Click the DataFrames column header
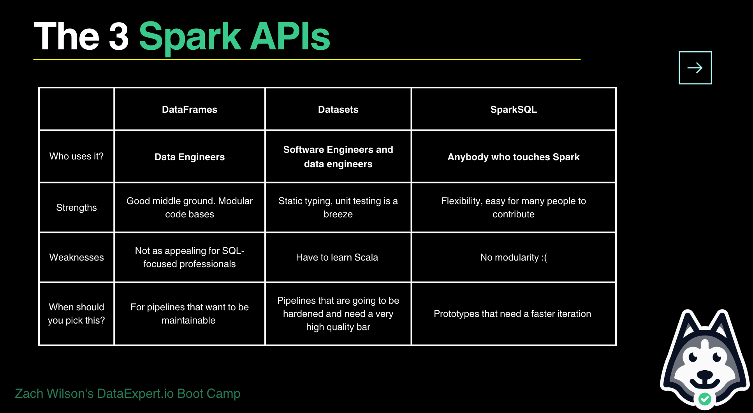click(189, 110)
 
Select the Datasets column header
click(338, 110)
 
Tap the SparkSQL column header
click(513, 110)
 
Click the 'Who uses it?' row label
click(76, 156)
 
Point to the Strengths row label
click(76, 208)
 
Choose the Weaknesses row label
click(76, 257)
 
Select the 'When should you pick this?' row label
click(76, 314)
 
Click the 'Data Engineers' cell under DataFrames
click(189, 157)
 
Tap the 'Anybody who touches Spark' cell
click(513, 157)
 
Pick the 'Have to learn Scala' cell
click(337, 257)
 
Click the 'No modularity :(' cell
click(513, 257)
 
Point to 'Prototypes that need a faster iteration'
click(512, 314)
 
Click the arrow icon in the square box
click(695, 68)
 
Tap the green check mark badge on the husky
click(704, 399)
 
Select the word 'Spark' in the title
click(190, 37)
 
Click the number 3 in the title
click(119, 37)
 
